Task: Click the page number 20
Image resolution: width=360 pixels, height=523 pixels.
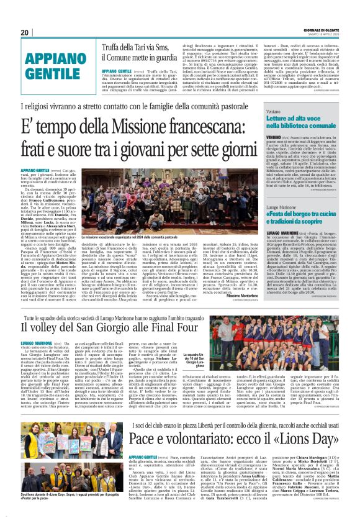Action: pos(25,32)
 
